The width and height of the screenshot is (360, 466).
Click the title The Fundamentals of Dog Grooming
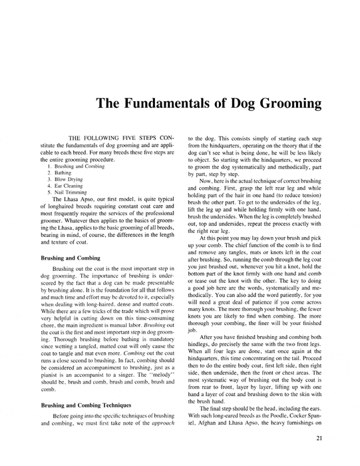[x=208, y=104]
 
